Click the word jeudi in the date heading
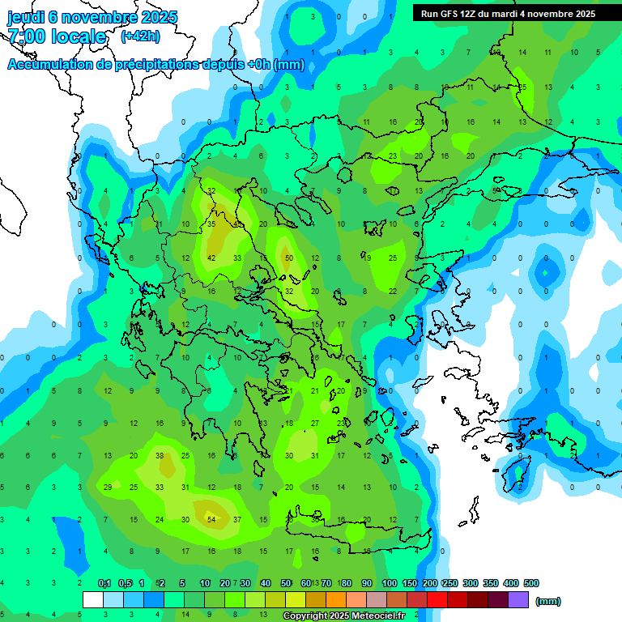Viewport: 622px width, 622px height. click(x=28, y=17)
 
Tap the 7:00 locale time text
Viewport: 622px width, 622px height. click(x=56, y=36)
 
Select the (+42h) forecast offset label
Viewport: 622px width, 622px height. click(x=140, y=36)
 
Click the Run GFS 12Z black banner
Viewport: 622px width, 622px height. click(x=507, y=13)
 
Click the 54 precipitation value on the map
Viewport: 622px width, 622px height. click(x=211, y=519)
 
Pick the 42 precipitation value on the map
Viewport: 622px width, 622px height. click(x=211, y=258)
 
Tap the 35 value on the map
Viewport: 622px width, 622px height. click(x=211, y=224)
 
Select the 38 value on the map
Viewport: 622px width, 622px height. click(x=160, y=456)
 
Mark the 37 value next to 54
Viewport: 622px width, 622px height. click(x=237, y=519)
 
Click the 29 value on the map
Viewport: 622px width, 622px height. click(x=108, y=487)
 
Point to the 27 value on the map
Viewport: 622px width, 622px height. click(x=316, y=423)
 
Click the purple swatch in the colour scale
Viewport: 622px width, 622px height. click(x=518, y=600)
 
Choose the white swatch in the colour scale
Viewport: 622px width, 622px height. click(x=93, y=600)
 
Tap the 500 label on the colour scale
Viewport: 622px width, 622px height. click(x=530, y=583)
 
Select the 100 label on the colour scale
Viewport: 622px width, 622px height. click(x=389, y=583)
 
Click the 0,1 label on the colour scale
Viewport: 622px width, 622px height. click(x=104, y=583)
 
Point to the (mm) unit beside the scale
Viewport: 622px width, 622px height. click(x=548, y=601)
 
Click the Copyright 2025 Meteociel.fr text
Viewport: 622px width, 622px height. click(x=343, y=616)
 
